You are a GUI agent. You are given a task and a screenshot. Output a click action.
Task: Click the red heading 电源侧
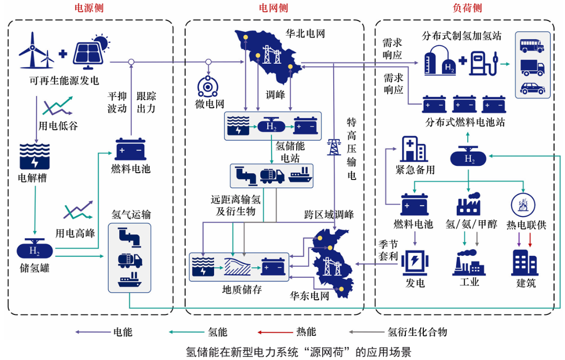[x=89, y=8]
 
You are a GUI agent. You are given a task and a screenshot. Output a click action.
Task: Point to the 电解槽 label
[x=32, y=178]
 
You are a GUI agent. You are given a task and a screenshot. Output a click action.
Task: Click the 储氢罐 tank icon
[x=35, y=251]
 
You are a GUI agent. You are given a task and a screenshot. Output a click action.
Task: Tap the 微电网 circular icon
[x=209, y=86]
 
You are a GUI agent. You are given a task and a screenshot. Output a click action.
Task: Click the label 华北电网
[x=306, y=34]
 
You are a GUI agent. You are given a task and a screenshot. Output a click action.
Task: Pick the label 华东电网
[x=310, y=296]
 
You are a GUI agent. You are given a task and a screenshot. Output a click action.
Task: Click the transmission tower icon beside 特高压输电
[x=333, y=147]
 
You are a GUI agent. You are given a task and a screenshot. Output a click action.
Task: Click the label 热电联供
[x=526, y=225]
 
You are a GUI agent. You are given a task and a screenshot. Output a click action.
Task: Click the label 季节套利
[x=389, y=251]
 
